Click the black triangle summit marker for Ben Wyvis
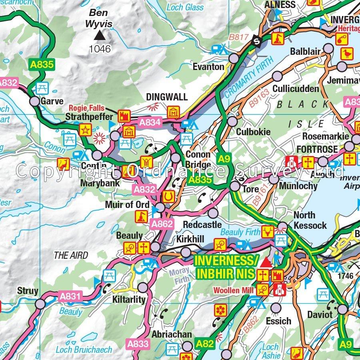pos(99,36)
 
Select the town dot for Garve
pos(35,101)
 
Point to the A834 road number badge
pos(150,122)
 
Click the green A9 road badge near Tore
pos(223,159)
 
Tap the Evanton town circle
pos(234,59)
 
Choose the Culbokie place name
pos(253,132)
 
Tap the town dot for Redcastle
pos(213,212)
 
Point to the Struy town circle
pos(40,304)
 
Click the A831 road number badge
pos(70,297)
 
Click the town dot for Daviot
pos(342,309)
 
